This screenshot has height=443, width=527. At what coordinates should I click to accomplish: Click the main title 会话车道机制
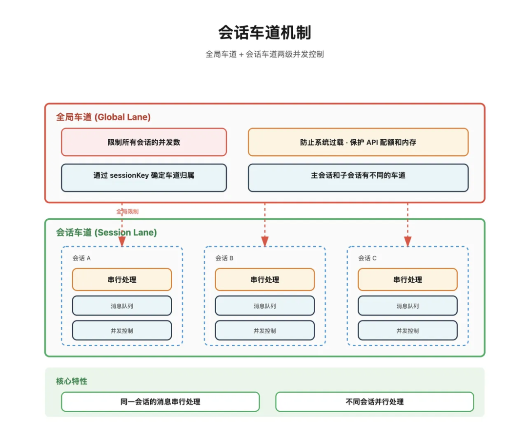point(264,33)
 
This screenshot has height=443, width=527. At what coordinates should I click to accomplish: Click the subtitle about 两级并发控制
point(264,54)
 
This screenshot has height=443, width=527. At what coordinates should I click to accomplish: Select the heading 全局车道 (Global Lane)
point(103,117)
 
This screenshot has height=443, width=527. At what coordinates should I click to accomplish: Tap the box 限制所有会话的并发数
point(144,142)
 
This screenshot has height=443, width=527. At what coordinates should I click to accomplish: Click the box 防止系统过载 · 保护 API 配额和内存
point(358,142)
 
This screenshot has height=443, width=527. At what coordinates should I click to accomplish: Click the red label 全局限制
point(127,211)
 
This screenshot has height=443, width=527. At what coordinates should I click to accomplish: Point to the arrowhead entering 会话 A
point(122,241)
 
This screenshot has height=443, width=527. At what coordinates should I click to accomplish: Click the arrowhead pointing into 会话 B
point(265,241)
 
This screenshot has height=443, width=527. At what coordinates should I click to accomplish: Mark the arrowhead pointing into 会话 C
point(407,241)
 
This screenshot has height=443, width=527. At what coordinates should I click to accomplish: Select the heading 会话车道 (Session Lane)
point(106,232)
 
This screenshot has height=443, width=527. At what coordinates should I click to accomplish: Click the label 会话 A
point(82,258)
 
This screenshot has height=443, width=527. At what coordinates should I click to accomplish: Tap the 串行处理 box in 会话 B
point(264,280)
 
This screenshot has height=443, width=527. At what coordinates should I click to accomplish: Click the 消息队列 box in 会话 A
point(122,306)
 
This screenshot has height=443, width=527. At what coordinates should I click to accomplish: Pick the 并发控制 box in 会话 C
point(407,331)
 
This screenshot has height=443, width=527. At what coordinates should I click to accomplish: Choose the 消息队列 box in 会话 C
point(407,306)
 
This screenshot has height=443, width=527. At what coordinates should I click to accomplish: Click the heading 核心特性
point(72,381)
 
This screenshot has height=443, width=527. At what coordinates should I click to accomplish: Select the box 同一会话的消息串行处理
point(160,402)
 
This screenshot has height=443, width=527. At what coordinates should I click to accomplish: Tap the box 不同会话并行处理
point(374,402)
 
